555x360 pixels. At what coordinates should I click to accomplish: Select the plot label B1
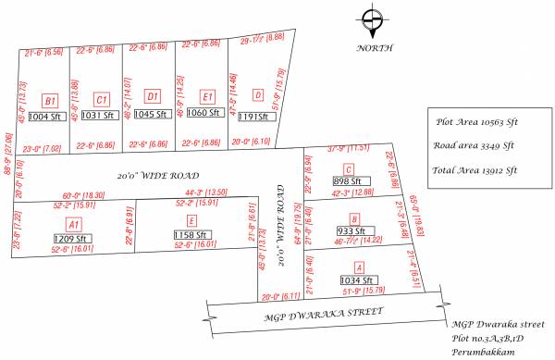(51, 100)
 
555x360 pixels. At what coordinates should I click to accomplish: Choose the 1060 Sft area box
(202, 114)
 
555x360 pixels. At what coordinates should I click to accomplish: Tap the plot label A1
(74, 224)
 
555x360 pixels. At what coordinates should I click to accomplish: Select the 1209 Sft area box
(71, 238)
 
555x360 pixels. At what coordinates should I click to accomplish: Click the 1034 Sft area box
(355, 279)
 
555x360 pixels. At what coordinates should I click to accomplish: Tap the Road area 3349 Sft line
(474, 144)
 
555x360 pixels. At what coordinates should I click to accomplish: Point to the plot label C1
(102, 99)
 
